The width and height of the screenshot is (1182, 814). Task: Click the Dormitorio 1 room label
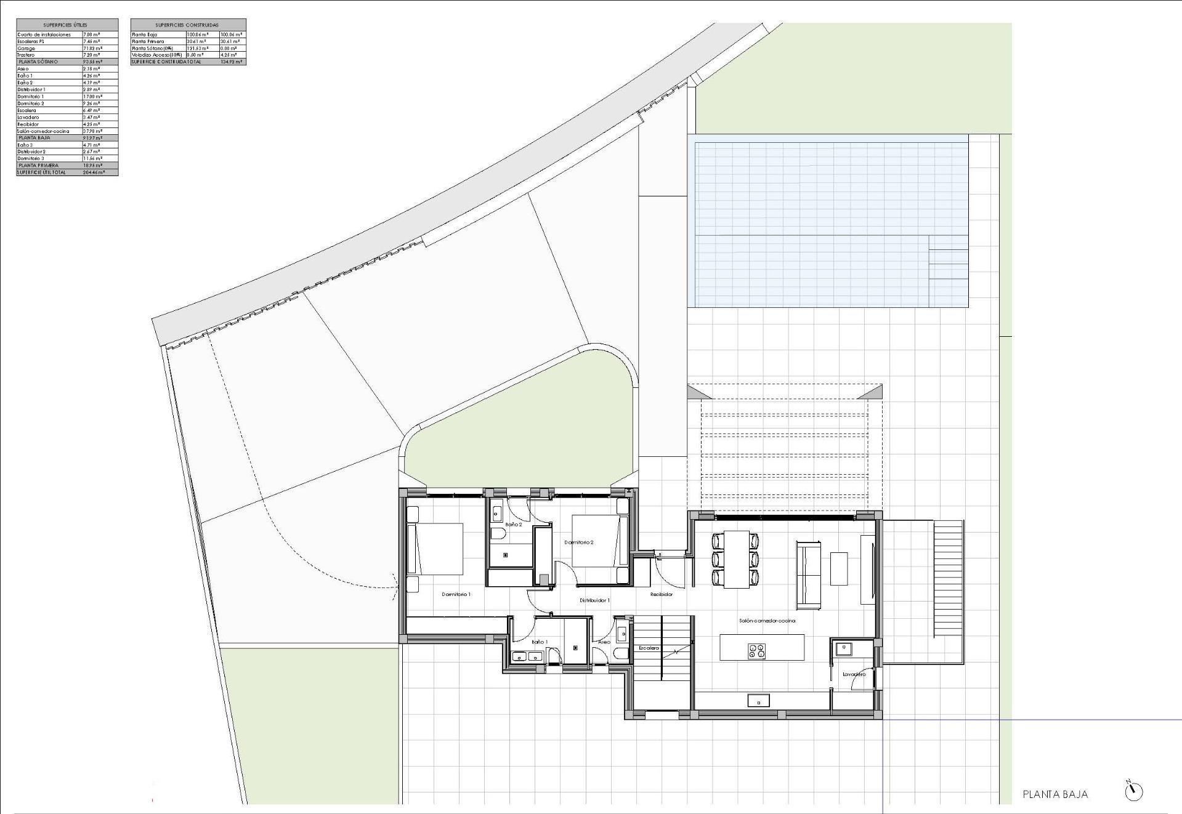tap(456, 594)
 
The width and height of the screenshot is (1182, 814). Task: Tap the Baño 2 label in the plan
tap(514, 525)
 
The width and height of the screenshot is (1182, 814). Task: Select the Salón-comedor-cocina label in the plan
tap(767, 621)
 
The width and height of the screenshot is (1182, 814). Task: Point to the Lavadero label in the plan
tap(854, 674)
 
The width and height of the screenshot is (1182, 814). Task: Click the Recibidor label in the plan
tap(662, 594)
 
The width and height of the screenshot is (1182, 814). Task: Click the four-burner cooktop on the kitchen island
tap(756, 650)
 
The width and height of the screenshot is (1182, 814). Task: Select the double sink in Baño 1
tap(527, 657)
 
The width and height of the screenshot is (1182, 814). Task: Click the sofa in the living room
tap(809, 574)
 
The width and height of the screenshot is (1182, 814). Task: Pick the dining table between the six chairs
tap(736, 559)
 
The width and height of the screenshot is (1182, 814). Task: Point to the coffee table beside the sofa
tap(839, 568)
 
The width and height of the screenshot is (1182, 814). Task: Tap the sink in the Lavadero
tap(842, 648)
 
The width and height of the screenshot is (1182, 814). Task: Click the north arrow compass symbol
tap(1133, 791)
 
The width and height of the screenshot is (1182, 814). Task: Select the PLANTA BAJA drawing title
tap(1055, 794)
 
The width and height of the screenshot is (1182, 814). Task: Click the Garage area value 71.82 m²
tap(92, 48)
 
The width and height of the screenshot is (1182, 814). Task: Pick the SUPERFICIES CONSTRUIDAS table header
tap(188, 25)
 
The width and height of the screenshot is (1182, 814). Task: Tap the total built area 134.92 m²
tap(232, 62)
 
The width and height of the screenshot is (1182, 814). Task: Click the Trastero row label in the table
tap(26, 55)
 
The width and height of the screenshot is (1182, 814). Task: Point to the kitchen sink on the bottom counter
tap(758, 700)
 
